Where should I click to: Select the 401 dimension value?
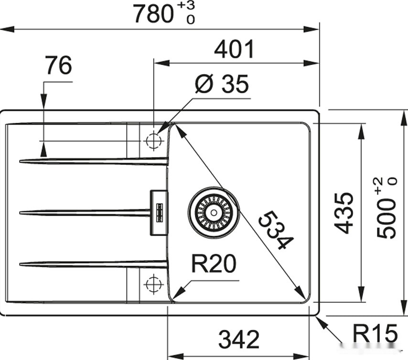click(x=234, y=49)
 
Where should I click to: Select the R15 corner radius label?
click(x=375, y=333)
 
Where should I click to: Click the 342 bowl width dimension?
click(x=239, y=339)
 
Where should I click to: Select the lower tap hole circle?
click(x=153, y=284)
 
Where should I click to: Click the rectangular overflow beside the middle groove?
click(x=159, y=212)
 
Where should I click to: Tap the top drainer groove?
click(x=93, y=161)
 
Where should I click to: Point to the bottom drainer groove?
click(x=93, y=263)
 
